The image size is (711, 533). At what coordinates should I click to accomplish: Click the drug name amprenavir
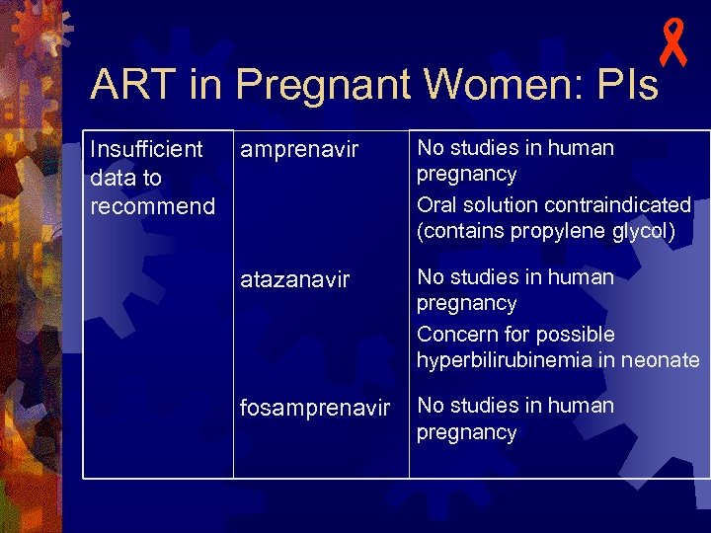[x=299, y=151]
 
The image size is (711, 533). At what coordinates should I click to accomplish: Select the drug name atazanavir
[x=294, y=279]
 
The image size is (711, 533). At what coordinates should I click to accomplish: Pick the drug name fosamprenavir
[x=315, y=408]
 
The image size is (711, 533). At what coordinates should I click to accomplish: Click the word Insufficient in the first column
[x=146, y=149]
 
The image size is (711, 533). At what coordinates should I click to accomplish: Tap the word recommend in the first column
[x=152, y=206]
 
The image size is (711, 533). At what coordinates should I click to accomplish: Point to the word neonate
[x=661, y=360]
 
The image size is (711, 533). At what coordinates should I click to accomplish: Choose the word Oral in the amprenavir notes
[x=436, y=205]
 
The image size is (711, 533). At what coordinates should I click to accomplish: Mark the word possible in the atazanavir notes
[x=576, y=335]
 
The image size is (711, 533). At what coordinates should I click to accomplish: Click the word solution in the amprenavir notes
[x=495, y=205]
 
